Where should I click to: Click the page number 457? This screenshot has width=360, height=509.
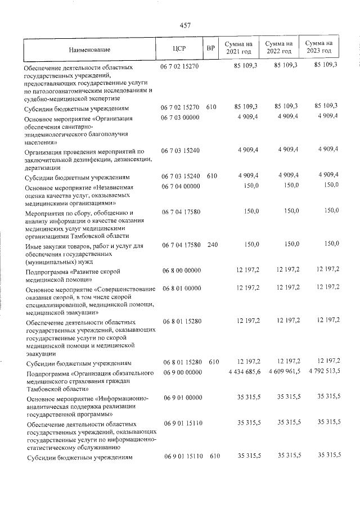tap(186, 25)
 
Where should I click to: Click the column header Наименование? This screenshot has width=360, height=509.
tap(94, 49)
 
